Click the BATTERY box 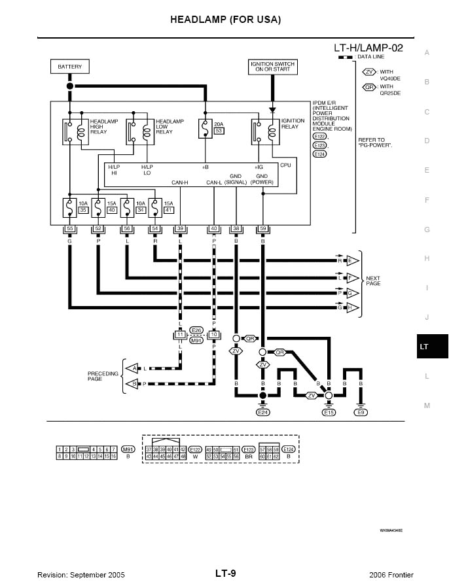pos(69,67)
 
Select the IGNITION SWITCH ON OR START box pos(272,67)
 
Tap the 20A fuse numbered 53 pos(206,128)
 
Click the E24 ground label pos(263,413)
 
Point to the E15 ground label pos(329,413)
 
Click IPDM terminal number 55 pos(70,229)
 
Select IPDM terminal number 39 pos(180,229)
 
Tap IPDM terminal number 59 pos(262,229)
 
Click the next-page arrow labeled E pos(353,260)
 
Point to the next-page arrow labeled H pos(353,307)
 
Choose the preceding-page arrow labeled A pos(132,368)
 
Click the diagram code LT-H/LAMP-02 pos(368,48)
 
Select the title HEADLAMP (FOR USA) pos(225,20)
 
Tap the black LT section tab pos(425,347)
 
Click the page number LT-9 pos(225,574)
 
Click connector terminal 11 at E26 pos(179,335)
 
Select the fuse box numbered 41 pos(168,210)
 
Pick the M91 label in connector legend pos(128,450)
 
